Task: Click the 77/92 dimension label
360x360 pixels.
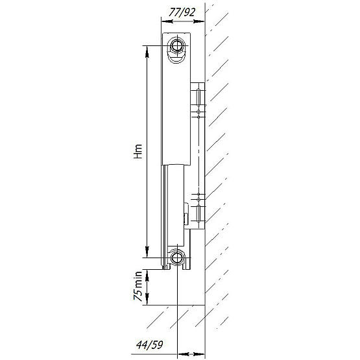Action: coord(182,12)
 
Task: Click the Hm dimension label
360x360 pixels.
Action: coord(138,152)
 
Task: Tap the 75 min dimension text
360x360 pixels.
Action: coord(138,286)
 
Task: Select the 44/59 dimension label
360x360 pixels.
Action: coord(149,344)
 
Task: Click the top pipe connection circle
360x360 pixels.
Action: coord(177,45)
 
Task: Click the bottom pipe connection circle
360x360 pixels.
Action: coord(177,258)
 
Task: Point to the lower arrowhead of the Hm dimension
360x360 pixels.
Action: coord(147,252)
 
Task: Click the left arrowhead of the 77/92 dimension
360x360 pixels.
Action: coord(167,21)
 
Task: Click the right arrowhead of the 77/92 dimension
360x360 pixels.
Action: coord(199,21)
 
